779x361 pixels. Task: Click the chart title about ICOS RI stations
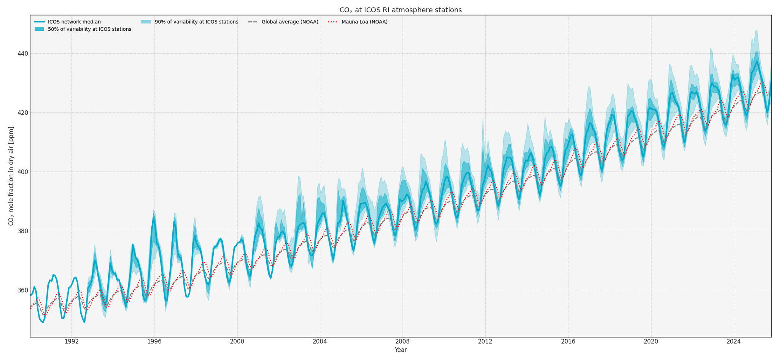[401, 10]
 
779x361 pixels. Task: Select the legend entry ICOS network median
[74, 22]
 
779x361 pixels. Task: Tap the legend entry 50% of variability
[89, 29]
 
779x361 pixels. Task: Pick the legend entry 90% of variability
[196, 22]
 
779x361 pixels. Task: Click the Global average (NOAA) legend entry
[290, 22]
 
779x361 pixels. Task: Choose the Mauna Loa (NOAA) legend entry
[364, 22]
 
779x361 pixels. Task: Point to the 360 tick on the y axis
[22, 290]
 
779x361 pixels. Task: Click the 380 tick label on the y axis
[22, 231]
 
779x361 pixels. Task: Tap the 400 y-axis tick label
[22, 172]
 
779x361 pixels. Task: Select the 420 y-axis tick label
[22, 113]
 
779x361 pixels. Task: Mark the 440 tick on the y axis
[22, 54]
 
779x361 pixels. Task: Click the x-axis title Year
[401, 350]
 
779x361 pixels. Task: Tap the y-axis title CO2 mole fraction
[11, 176]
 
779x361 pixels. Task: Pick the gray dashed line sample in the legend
[253, 22]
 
